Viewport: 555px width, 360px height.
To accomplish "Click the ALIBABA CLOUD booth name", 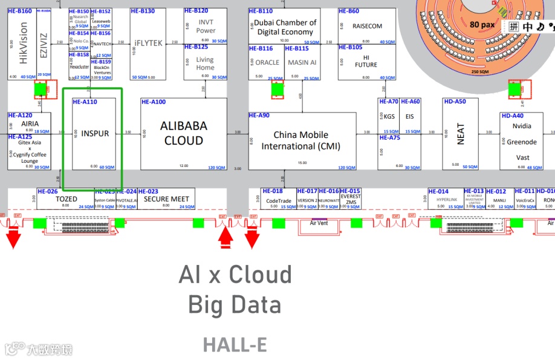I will (183, 133).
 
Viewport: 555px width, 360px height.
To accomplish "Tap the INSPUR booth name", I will (95, 133).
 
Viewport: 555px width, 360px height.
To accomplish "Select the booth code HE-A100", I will (154, 102).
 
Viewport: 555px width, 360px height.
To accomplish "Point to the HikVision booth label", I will (24, 43).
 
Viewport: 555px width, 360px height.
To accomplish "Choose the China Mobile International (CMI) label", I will (300, 140).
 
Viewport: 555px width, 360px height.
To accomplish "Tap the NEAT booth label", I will (461, 133).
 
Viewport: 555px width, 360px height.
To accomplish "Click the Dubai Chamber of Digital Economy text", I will (285, 27).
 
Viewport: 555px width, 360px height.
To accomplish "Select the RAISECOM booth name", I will (367, 27).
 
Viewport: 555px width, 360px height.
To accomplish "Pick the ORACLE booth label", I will (267, 62).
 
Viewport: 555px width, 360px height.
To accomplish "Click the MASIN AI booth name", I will (302, 62).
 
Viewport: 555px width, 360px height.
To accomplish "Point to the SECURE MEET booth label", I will (166, 199).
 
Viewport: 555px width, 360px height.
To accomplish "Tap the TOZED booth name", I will (67, 199).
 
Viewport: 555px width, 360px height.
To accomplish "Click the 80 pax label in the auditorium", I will (482, 25).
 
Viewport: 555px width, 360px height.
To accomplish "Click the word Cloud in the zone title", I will (260, 275).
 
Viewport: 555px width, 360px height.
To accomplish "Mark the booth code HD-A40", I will (512, 116).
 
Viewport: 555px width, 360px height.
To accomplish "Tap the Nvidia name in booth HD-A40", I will (521, 126).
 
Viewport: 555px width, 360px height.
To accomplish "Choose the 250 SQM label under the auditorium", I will (479, 71).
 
